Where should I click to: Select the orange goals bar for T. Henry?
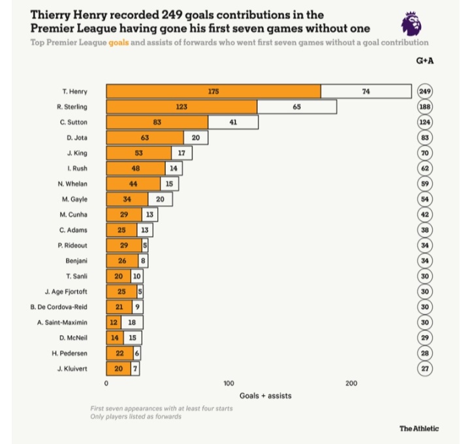point(213,92)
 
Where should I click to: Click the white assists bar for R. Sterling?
point(297,107)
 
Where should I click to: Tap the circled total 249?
point(426,92)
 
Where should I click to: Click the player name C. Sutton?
point(74,123)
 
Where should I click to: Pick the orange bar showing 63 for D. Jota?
point(145,138)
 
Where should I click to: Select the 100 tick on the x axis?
point(228,384)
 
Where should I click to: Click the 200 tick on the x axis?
point(351,384)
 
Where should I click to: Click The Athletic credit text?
point(419,428)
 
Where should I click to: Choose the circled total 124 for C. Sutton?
point(426,123)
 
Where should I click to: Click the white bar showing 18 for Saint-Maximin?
point(132,322)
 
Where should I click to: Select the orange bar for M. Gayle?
point(127,199)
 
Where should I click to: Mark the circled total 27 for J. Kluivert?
point(426,368)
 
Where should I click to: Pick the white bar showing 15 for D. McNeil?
point(133,338)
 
